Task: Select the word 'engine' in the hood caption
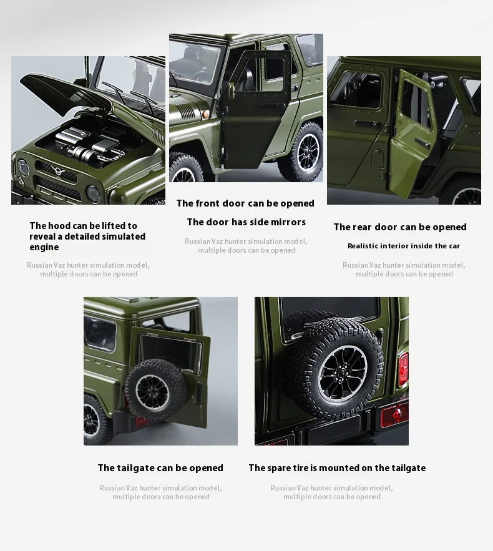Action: tap(44, 247)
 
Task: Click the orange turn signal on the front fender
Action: tap(205, 114)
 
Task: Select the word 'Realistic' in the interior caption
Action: tap(363, 246)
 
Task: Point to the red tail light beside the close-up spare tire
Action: tap(403, 369)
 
